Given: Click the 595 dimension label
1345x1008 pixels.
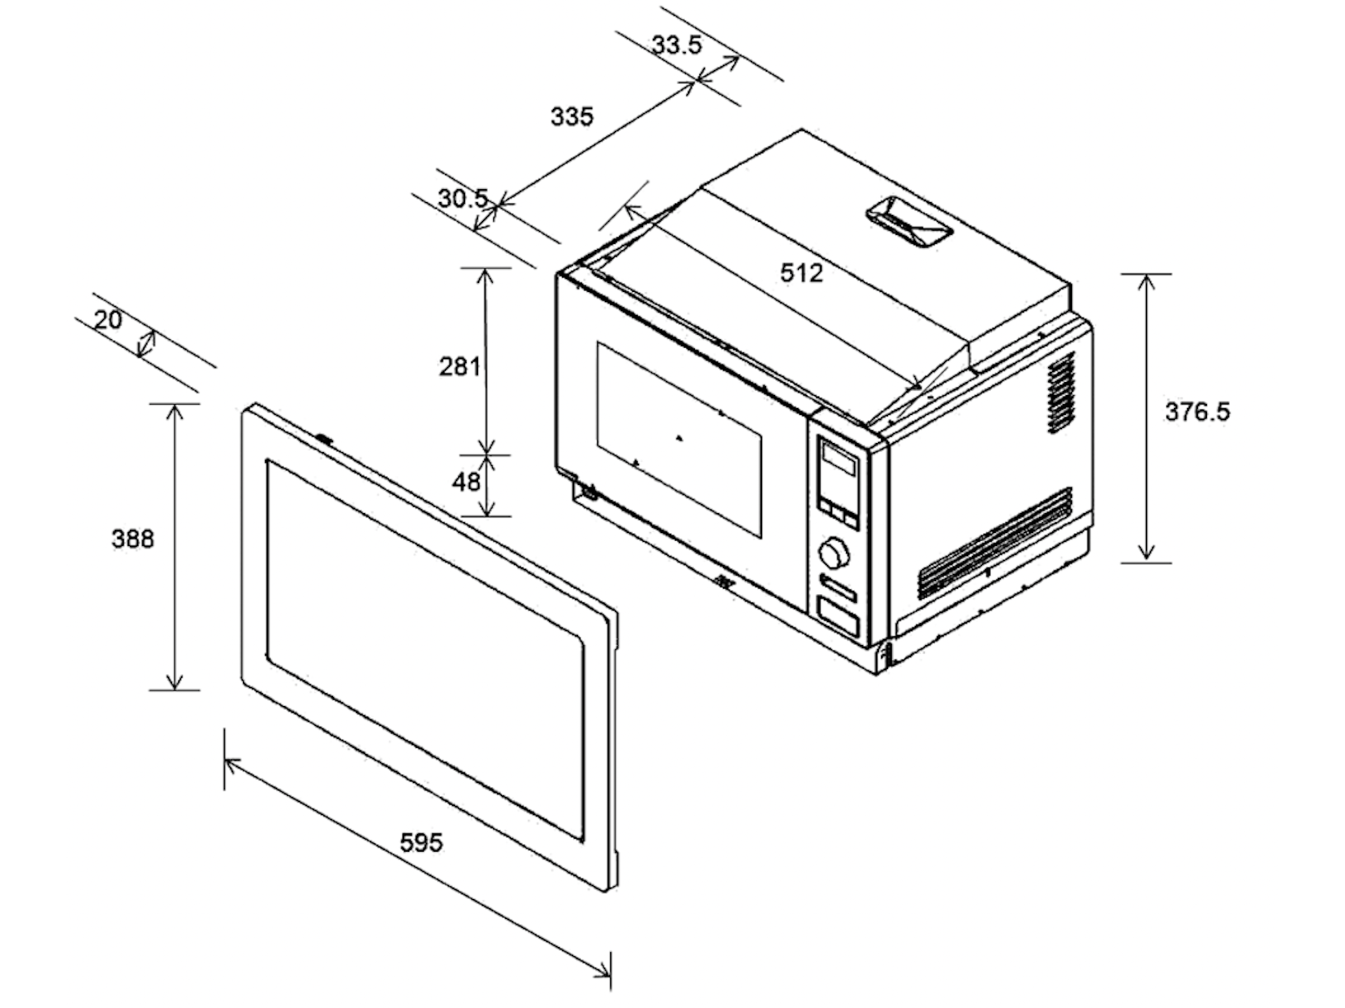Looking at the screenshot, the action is click(422, 842).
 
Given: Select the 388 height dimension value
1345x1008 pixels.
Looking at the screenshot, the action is click(133, 539).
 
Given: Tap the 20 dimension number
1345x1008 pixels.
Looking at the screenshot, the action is click(108, 320).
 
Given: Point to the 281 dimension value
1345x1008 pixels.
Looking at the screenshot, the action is click(460, 366).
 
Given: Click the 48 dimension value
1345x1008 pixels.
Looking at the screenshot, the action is click(466, 482).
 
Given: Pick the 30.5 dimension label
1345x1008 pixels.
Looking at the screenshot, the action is click(463, 198).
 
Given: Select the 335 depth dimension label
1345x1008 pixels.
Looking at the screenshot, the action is click(571, 116).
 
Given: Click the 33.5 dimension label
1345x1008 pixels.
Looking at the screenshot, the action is click(676, 45).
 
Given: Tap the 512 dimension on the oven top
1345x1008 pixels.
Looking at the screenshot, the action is click(801, 272).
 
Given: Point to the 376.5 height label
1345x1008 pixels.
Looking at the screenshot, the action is click(1197, 411).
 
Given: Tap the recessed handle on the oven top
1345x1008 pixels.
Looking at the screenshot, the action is click(910, 222).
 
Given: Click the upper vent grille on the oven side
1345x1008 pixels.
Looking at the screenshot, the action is click(1061, 392).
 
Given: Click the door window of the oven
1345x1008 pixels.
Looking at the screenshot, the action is click(679, 439).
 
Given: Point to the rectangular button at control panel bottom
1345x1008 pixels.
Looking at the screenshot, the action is click(837, 617).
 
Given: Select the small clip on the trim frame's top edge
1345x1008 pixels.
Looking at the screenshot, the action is click(324, 438).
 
